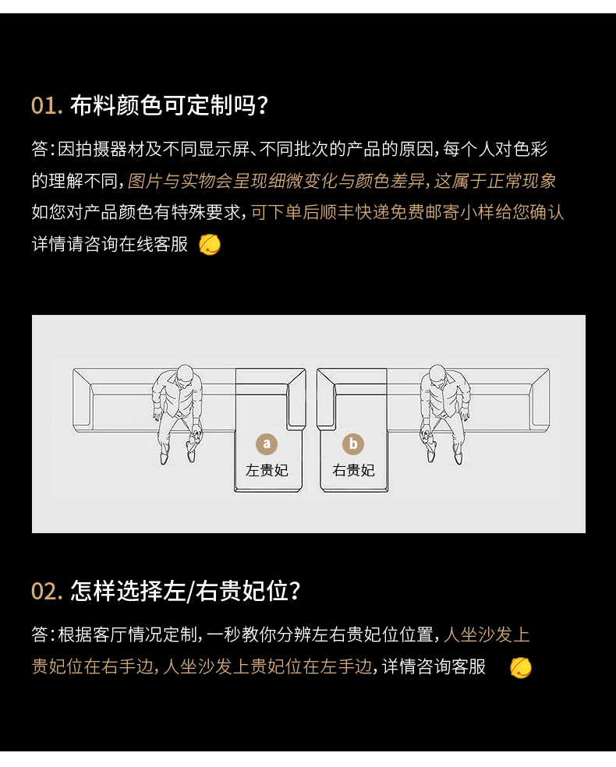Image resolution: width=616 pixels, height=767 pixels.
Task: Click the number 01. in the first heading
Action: coord(47,106)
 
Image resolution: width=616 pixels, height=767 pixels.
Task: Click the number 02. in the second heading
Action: coord(47,591)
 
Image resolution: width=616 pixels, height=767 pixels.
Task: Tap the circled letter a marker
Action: coord(267,444)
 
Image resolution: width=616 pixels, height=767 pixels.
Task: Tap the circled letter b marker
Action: coord(352,444)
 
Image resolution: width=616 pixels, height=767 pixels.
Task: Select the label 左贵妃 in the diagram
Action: coord(267,470)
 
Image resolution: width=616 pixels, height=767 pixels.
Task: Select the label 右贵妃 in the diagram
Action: coord(353,470)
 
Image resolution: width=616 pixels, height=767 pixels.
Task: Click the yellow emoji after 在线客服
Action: coord(210,245)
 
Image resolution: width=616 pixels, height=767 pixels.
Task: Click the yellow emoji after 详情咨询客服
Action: coord(521,668)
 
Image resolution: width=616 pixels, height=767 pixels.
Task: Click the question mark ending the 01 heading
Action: coord(263,106)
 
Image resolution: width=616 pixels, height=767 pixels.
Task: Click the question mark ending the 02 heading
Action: coord(294,591)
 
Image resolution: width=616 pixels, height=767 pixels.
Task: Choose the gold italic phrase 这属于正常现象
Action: coord(494,181)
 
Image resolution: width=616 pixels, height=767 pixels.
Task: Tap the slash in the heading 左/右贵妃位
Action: coord(190,591)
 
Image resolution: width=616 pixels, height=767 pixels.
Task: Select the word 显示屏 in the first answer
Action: coord(224,149)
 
